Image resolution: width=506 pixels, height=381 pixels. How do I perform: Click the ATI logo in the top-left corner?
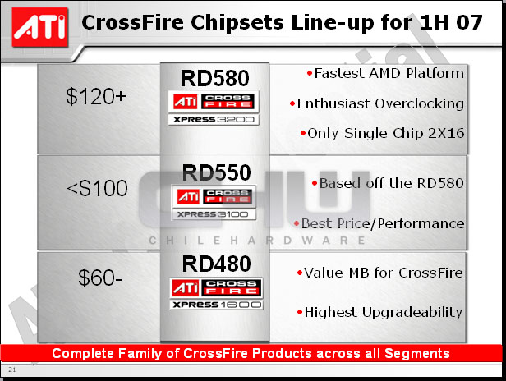tap(40, 27)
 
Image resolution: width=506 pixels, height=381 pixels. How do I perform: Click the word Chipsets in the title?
tap(237, 23)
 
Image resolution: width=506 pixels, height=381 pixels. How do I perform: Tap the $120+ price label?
tap(96, 96)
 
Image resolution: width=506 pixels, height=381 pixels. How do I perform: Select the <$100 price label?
tap(97, 188)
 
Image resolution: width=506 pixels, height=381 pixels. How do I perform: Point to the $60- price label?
tap(100, 278)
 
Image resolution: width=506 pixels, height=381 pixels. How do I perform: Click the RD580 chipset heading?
tap(215, 78)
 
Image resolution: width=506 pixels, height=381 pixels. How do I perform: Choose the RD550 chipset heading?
tap(216, 172)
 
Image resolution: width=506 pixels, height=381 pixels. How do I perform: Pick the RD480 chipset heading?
tap(216, 264)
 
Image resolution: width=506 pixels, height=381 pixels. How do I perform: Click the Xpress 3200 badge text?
tap(214, 120)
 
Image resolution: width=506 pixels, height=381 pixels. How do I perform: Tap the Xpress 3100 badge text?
tap(213, 214)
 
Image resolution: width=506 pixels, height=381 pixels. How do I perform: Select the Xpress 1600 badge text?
tap(217, 305)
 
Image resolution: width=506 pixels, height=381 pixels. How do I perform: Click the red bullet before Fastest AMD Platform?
tap(310, 74)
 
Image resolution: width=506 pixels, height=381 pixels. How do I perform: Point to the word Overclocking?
tap(420, 104)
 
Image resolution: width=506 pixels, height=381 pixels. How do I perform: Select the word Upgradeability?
tap(412, 313)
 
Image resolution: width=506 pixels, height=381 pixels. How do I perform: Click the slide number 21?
tap(12, 370)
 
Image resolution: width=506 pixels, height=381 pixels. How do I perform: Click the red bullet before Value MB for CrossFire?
tap(300, 273)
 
